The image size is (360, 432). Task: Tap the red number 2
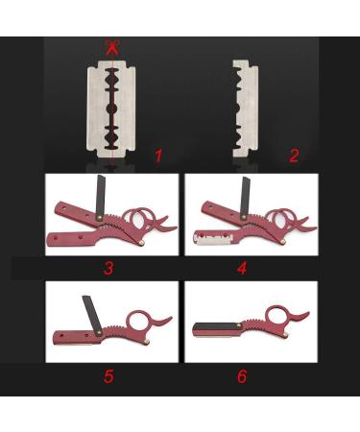click(x=294, y=154)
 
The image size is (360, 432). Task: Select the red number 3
click(x=108, y=268)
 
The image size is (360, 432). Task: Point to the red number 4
click(x=242, y=268)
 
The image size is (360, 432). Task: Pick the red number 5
click(x=108, y=375)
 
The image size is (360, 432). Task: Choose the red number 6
click(x=241, y=375)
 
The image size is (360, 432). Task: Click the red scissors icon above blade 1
click(x=114, y=46)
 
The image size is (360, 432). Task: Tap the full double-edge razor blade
click(x=113, y=106)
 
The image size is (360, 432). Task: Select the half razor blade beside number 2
click(x=245, y=106)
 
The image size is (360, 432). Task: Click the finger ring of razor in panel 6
click(x=278, y=320)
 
